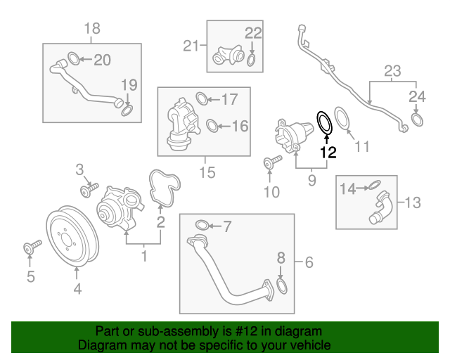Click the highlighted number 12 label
[328, 151]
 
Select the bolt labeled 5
[32, 247]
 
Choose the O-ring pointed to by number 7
[200, 226]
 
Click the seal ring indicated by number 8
[281, 286]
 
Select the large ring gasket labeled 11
[342, 118]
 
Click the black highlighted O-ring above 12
[325, 122]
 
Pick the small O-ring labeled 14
[375, 186]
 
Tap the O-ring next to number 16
[210, 127]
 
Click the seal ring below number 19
[127, 110]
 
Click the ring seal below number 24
[416, 121]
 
